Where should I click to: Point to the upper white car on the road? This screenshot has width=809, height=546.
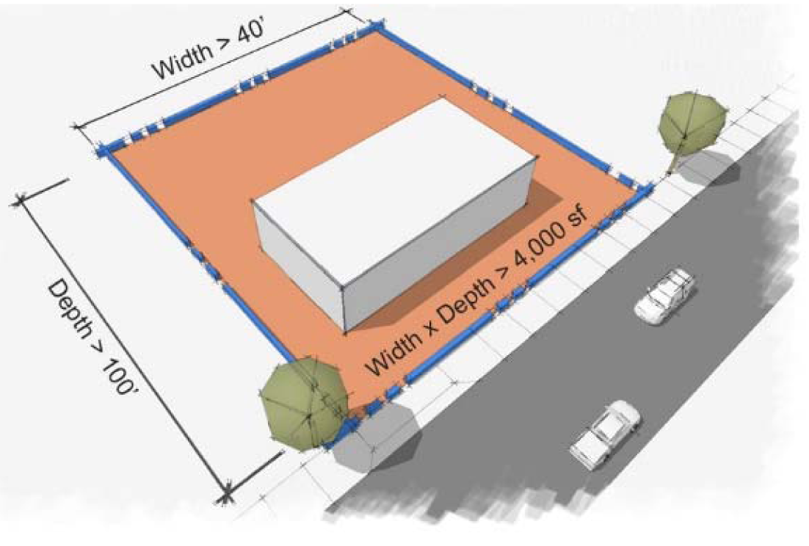(665, 295)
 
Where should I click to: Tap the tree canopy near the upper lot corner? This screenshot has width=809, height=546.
(692, 120)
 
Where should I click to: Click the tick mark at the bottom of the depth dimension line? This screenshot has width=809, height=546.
(225, 495)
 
